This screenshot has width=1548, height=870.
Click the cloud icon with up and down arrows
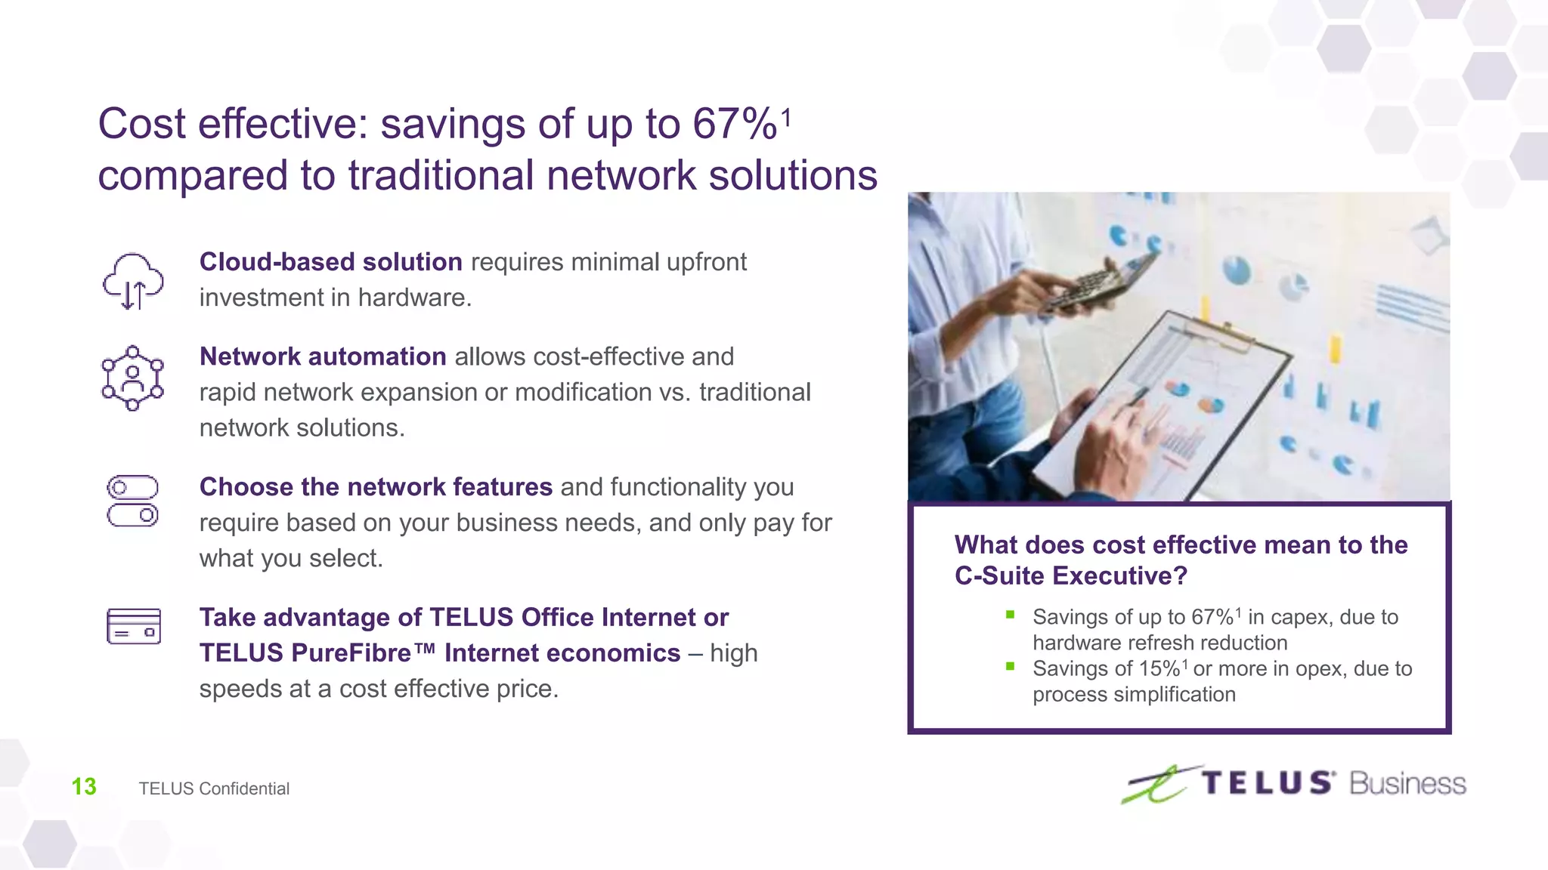[133, 281]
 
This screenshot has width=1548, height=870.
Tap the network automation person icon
[132, 378]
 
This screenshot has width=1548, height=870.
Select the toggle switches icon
[132, 501]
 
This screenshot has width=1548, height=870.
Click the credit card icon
[134, 626]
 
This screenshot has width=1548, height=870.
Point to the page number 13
[84, 787]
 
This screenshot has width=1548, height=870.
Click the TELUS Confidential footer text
[214, 788]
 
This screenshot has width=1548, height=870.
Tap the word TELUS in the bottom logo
[1268, 783]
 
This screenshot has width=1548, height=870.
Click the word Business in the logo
[1407, 784]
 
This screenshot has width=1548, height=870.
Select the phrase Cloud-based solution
[330, 262]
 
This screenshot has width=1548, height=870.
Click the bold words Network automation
[323, 356]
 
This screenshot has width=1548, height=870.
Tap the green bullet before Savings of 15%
[1010, 666]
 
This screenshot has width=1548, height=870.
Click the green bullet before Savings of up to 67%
[1010, 615]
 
